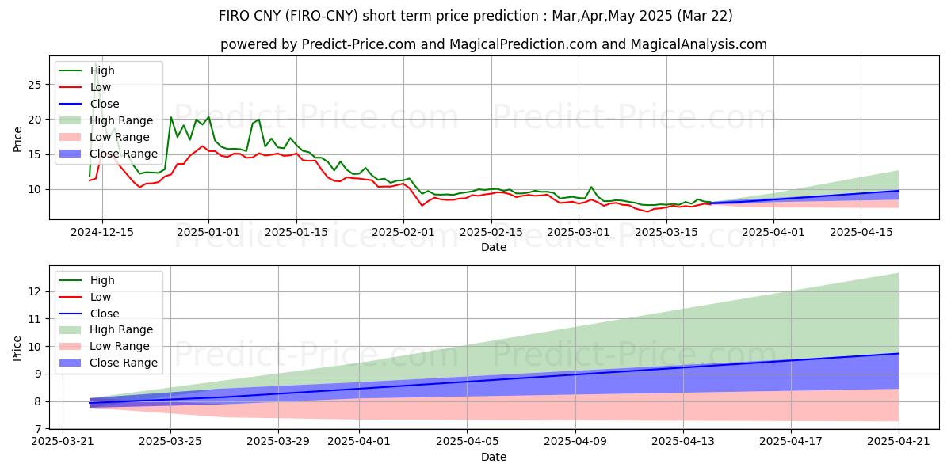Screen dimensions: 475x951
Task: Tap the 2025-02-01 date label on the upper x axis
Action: coord(403,231)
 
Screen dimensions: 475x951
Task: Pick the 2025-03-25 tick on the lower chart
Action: coord(170,441)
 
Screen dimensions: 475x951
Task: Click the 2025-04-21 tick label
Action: coord(899,441)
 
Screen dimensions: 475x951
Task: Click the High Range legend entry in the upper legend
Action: coord(123,120)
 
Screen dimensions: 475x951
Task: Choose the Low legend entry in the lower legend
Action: coord(101,297)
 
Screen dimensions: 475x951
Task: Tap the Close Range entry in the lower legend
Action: coord(124,363)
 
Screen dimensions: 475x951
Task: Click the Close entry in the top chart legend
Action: coord(105,104)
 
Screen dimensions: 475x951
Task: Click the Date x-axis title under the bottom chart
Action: coord(494,457)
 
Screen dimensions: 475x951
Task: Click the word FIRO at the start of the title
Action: coord(235,16)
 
